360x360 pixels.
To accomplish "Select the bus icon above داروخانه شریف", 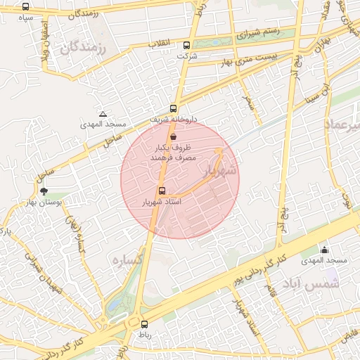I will tap(173, 109).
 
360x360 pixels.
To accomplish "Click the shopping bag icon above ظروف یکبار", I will tap(173, 137).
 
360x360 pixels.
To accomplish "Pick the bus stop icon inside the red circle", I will tap(162, 191).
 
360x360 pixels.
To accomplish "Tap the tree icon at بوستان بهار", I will tap(44, 191).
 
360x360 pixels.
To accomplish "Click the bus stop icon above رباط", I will tap(145, 324).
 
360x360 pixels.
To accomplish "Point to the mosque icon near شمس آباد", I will tap(324, 250).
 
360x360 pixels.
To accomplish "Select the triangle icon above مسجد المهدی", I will tap(103, 113).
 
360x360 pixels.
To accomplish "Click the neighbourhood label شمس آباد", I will tap(311, 283).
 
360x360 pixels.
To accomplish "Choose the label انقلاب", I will tap(159, 44).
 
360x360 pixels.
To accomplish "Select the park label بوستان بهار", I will tap(63, 202).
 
